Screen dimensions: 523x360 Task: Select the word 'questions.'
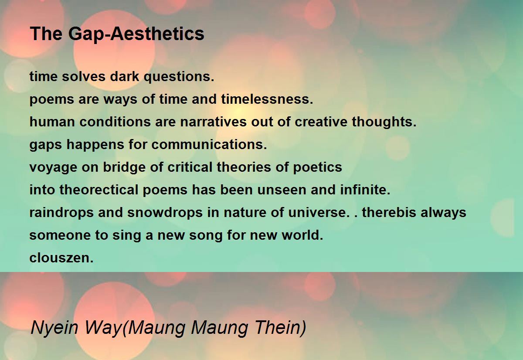(179, 77)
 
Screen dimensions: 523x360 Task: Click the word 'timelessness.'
(267, 99)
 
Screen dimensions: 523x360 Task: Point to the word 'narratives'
(214, 122)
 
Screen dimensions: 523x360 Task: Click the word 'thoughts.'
(384, 122)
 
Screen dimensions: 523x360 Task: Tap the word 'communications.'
(209, 144)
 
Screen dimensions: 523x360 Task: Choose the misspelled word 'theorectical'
(99, 190)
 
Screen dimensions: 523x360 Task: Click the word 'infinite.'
(365, 190)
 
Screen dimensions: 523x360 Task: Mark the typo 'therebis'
(390, 212)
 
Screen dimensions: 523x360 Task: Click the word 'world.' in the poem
(302, 235)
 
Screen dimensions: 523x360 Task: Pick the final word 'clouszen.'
(61, 258)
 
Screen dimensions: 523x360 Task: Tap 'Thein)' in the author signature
(280, 328)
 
